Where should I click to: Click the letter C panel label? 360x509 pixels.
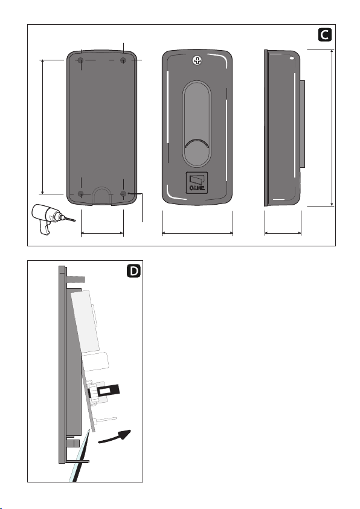pos(324,35)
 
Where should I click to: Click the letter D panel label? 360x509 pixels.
pos(133,271)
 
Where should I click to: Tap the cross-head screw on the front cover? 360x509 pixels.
pos(197,60)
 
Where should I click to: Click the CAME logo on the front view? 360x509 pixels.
pos(197,183)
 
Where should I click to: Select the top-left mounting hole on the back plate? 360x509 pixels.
pos(81,60)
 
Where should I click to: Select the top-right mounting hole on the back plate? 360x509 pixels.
pos(123,60)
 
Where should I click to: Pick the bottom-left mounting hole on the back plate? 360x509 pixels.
pos(81,194)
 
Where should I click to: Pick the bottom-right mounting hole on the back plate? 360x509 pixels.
pos(123,194)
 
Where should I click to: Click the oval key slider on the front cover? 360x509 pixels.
pos(197,124)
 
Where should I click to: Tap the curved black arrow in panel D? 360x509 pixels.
pos(115,437)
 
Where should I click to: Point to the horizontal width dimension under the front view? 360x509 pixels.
pos(198,232)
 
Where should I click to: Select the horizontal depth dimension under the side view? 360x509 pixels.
pos(283,232)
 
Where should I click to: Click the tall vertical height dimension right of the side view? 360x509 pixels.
pos(332,128)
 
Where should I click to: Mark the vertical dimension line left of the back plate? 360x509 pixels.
pos(43,127)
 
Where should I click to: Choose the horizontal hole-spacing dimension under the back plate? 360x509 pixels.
pos(102,232)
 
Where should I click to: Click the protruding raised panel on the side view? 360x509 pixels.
pos(302,124)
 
